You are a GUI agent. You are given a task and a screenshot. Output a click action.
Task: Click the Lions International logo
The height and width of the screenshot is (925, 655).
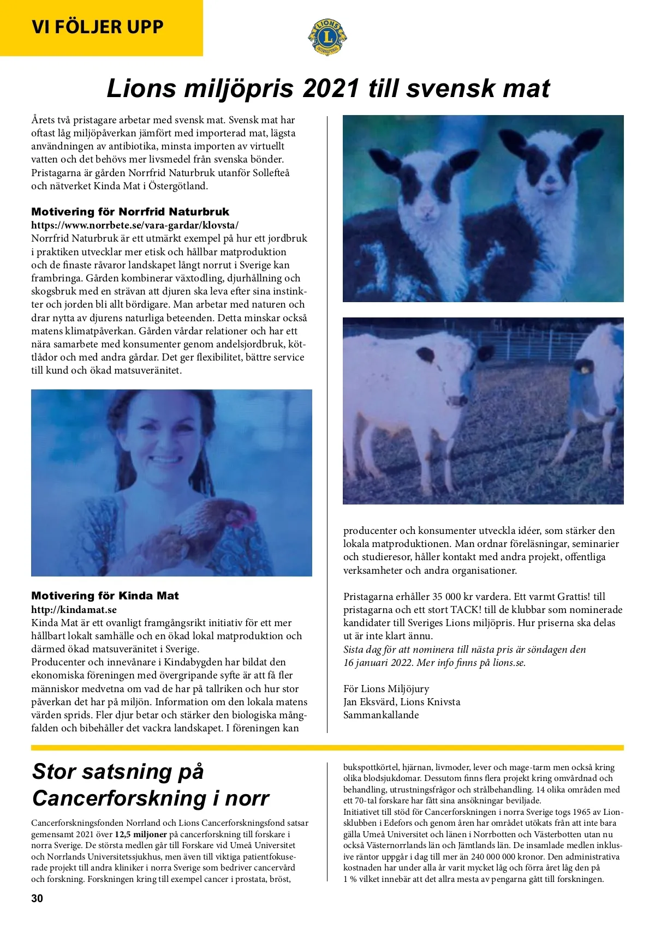327,37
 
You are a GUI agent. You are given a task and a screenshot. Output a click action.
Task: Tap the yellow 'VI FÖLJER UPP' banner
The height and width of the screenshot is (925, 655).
98,27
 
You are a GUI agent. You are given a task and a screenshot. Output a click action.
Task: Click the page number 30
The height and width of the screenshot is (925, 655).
37,898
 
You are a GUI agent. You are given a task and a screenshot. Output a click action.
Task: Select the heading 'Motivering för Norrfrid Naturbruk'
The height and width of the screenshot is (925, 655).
130,212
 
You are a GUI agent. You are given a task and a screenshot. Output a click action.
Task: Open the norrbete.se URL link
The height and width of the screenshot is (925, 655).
135,225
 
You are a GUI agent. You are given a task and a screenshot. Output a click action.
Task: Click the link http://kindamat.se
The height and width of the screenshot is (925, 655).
74,609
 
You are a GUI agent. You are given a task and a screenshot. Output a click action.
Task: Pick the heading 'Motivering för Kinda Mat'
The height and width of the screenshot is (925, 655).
105,596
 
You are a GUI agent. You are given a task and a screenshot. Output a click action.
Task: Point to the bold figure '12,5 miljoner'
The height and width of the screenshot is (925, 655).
141,834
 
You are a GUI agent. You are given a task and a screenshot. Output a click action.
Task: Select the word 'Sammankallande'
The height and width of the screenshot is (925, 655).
381,715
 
